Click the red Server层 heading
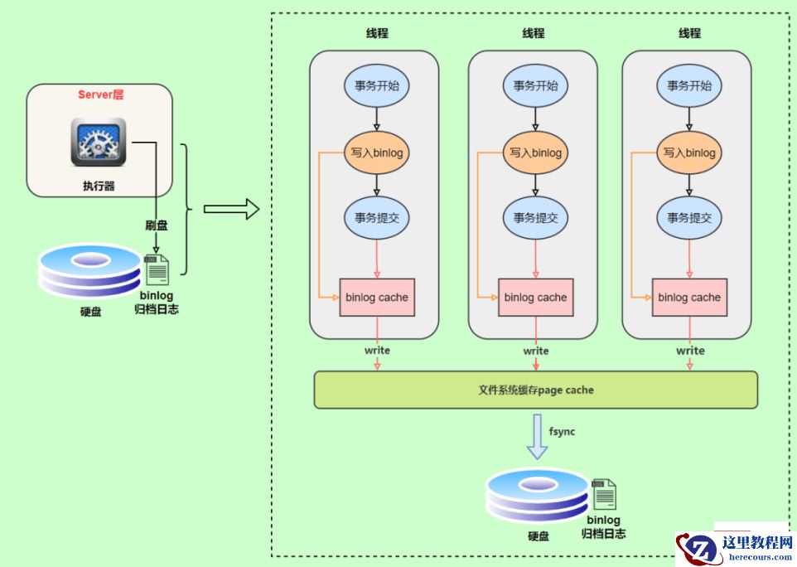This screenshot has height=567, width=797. (x=101, y=94)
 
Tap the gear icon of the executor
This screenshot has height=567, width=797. (x=99, y=142)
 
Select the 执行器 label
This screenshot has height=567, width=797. (x=99, y=187)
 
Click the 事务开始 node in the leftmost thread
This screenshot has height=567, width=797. (x=378, y=85)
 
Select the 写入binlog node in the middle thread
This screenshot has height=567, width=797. (x=535, y=153)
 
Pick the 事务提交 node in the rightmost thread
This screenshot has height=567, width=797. (x=689, y=218)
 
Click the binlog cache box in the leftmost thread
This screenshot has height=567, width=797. (x=377, y=298)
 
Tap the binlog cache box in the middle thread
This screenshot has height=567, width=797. (x=535, y=298)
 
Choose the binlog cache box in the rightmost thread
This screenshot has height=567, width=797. (x=689, y=298)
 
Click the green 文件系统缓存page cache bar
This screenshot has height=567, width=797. (x=535, y=390)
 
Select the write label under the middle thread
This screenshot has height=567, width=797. (x=536, y=351)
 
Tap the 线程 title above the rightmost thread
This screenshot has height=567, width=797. (x=689, y=33)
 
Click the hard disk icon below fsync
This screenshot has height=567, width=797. (x=537, y=496)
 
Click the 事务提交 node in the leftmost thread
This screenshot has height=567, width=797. (x=378, y=218)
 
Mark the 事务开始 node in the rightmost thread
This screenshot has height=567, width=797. (x=689, y=85)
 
